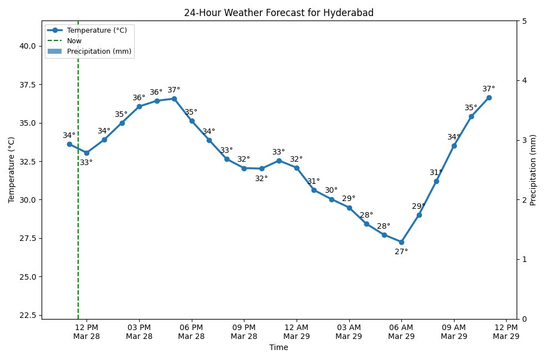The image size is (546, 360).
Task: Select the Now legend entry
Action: (x=74, y=41)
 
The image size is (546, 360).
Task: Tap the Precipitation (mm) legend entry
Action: (x=99, y=52)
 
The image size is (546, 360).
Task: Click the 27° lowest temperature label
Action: (x=401, y=252)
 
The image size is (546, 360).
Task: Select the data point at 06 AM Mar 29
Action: (x=401, y=242)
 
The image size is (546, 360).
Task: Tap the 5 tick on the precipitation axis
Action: (x=524, y=21)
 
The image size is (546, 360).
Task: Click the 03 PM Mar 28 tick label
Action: (x=139, y=332)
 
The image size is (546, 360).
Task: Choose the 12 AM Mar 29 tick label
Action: (x=297, y=332)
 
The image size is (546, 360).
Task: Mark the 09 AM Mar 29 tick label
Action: (x=454, y=332)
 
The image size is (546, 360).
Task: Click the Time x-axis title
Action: (x=278, y=348)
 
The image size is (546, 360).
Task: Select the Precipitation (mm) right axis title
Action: (x=533, y=169)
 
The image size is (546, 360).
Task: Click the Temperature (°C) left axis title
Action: (x=11, y=169)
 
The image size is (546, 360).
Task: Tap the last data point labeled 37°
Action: (x=489, y=97)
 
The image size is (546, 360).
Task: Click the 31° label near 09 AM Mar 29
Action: (x=436, y=173)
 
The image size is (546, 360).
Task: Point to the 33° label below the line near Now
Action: (x=86, y=163)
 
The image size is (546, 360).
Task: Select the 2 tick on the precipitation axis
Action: (x=524, y=199)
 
